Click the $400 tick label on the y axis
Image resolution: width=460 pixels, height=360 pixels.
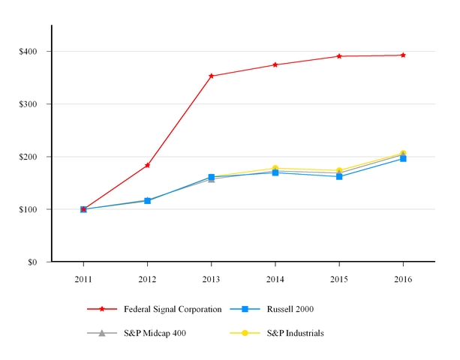tap(30, 52)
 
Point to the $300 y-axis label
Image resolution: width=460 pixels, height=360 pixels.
tap(30, 104)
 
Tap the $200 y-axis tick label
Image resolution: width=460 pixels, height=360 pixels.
tap(30, 157)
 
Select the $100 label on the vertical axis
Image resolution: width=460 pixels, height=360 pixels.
tap(30, 209)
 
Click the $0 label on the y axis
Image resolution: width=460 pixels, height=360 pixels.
tap(34, 262)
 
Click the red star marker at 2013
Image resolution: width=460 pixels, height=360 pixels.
tap(212, 76)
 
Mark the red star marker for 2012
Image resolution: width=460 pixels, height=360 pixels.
tap(147, 165)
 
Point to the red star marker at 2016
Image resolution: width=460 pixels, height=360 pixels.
tap(403, 55)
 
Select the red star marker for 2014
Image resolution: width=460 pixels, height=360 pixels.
tap(275, 64)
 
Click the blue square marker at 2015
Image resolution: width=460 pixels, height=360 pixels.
tap(339, 176)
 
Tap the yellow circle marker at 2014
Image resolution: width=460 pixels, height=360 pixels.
tap(275, 168)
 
